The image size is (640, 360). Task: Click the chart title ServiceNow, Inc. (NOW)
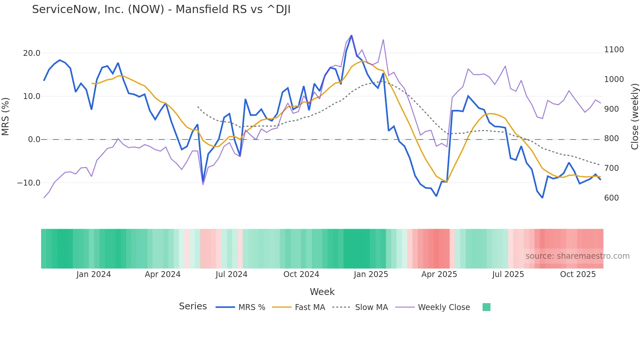coord(161,9)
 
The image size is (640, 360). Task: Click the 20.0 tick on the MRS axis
coord(32,53)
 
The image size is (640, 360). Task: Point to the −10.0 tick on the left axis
coord(29,183)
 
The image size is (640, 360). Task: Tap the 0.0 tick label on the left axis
coord(34,139)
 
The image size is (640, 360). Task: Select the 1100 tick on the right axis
coord(614,50)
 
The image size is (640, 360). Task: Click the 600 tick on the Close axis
coord(611,198)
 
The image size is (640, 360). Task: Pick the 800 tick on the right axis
coord(611,139)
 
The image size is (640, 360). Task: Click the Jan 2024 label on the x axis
coord(93,274)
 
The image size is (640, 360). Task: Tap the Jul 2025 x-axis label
coord(508,274)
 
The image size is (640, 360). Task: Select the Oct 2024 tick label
coord(301,274)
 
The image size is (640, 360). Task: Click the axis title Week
coord(322,292)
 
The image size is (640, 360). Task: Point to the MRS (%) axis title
coord(6,117)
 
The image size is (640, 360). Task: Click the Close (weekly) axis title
coord(634,117)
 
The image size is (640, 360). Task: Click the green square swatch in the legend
coord(486,307)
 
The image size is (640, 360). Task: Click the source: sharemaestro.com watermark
coord(577,256)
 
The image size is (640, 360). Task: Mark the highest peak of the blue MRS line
coord(351,35)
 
